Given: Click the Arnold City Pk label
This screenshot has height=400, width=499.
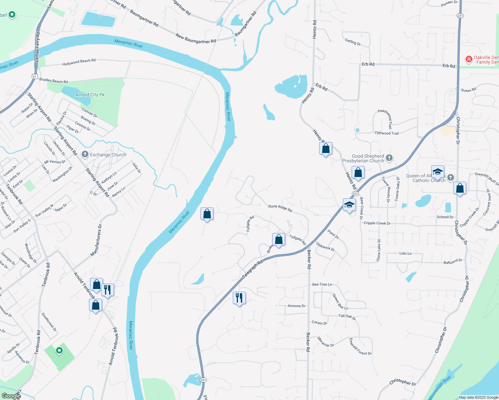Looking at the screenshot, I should (x=90, y=95).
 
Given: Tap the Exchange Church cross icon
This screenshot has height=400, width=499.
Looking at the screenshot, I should (x=85, y=154).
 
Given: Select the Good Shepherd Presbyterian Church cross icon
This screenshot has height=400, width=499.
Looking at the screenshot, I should (x=389, y=158).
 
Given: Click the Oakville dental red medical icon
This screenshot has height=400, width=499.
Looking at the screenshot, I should (x=469, y=59).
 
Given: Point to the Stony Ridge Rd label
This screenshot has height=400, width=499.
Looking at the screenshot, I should (x=280, y=208).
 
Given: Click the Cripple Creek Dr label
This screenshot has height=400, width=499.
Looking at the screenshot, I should (x=377, y=223).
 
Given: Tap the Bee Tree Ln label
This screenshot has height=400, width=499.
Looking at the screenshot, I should (x=322, y=284).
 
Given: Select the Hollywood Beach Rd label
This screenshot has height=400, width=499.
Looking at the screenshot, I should (x=79, y=62).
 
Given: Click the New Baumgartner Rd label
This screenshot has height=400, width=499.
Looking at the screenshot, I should (x=195, y=39).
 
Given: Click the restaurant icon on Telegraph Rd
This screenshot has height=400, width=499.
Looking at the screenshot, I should (x=239, y=298).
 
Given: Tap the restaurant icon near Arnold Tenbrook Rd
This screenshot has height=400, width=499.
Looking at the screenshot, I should (x=107, y=290).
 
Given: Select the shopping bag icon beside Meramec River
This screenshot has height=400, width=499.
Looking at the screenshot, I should (x=207, y=214).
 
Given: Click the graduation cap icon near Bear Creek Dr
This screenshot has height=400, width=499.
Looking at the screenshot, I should (x=349, y=205).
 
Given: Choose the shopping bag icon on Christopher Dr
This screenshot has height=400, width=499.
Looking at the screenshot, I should (x=460, y=188).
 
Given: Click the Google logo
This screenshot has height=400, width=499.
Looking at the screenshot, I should (x=11, y=396).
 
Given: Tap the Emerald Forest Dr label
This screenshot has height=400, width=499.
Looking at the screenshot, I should (x=360, y=347).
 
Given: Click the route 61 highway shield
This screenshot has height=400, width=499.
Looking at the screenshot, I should (x=34, y=76).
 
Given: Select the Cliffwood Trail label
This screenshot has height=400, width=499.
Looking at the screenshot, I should (x=386, y=133).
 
